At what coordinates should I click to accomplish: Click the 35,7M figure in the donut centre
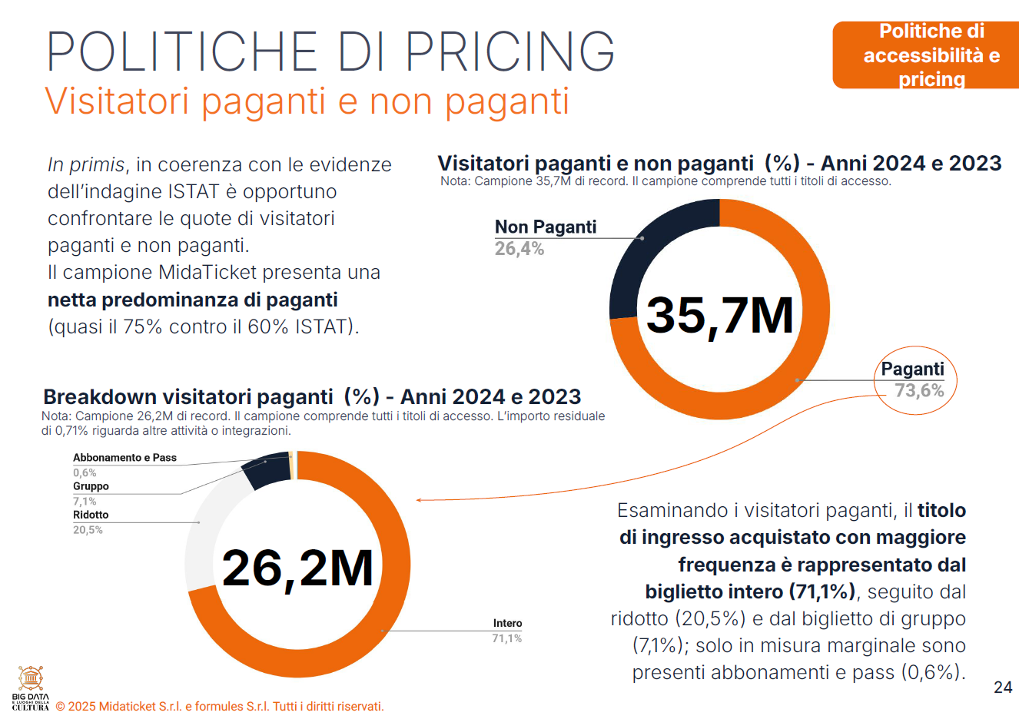[719, 315]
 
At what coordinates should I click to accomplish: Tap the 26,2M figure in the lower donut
[297, 568]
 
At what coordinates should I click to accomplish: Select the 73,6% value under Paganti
[919, 391]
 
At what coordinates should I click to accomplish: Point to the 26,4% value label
[519, 249]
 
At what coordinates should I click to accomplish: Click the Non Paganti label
[546, 227]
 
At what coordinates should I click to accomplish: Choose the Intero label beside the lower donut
[507, 623]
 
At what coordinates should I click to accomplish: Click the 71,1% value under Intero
[507, 638]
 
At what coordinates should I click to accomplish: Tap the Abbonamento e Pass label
[124, 458]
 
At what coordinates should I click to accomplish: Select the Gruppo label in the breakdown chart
[91, 486]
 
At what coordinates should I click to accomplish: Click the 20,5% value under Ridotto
[88, 530]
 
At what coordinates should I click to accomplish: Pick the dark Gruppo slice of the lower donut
[265, 470]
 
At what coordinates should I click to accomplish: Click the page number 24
[1003, 688]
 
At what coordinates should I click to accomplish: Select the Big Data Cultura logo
[31, 688]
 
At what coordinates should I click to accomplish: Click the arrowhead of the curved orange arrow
[420, 500]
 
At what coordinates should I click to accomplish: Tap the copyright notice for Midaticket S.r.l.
[220, 707]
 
